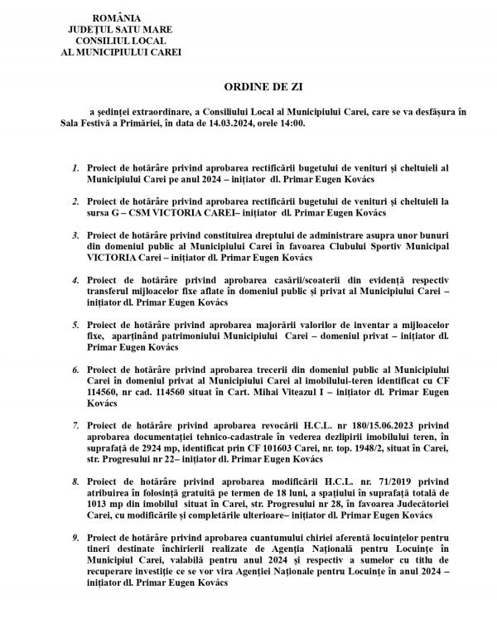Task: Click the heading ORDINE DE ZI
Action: pyautogui.click(x=258, y=86)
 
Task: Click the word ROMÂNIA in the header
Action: pyautogui.click(x=115, y=17)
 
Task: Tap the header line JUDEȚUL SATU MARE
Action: pyautogui.click(x=115, y=29)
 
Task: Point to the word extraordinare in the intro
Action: pyautogui.click(x=157, y=112)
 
